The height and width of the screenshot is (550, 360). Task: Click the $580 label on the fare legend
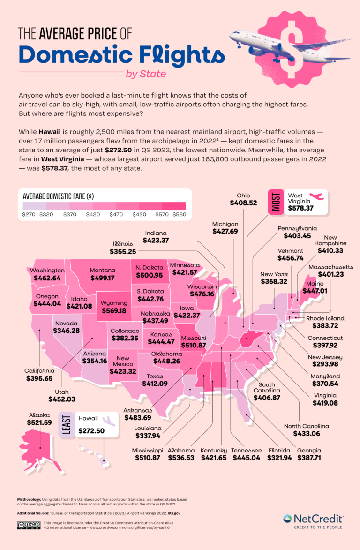coord(179,215)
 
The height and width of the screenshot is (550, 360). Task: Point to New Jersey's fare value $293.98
coord(318,365)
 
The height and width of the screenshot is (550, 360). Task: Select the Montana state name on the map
coord(102,271)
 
